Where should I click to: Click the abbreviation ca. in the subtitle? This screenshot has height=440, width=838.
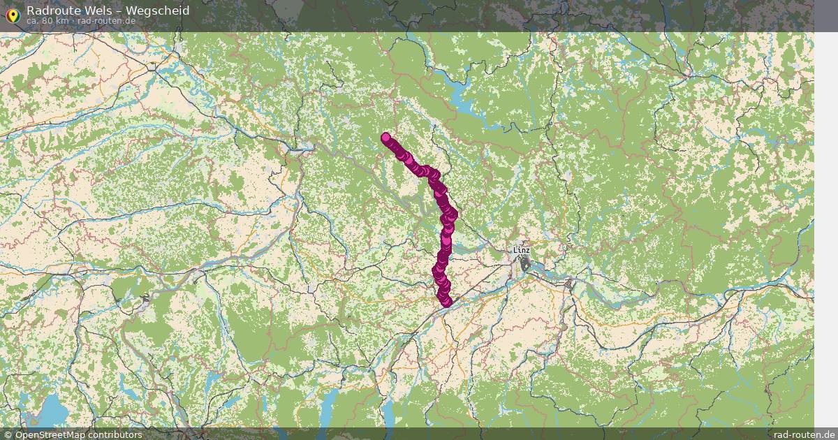(33, 21)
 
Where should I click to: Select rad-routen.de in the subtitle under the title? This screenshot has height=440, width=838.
(107, 21)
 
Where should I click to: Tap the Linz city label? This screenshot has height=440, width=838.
(521, 249)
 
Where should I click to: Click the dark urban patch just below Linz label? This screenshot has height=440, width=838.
(524, 263)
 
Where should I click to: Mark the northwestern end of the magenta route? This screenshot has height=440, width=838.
(385, 138)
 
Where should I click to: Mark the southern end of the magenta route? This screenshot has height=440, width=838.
(446, 302)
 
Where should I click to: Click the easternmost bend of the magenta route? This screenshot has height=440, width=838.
(453, 213)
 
